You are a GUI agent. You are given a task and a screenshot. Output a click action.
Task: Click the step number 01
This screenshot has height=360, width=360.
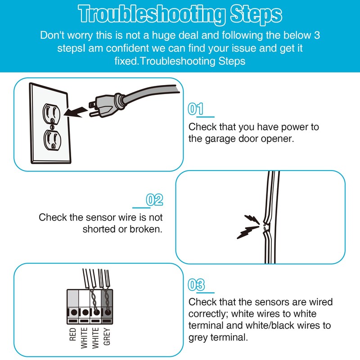pos(196,108)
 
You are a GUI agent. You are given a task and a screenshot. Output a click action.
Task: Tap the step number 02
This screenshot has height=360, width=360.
pos(154,200)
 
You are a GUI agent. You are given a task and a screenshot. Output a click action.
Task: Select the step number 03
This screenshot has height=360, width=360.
pos(196,285)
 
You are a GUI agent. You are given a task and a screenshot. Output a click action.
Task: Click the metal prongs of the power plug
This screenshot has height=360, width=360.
pos(93,109)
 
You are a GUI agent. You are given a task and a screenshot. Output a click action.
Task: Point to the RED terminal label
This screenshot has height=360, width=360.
pos(72,334)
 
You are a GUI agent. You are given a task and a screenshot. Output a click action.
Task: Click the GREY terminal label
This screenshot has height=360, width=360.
pos(107,336)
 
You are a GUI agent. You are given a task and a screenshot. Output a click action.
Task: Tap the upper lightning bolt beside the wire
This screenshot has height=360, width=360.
pos(252,219)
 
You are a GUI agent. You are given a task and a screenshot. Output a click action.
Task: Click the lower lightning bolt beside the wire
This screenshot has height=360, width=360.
pos(248,232)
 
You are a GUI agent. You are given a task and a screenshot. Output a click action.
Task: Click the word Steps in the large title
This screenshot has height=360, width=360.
pos(256,15)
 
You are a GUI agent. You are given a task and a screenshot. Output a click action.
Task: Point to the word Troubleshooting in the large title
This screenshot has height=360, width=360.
pos(152,14)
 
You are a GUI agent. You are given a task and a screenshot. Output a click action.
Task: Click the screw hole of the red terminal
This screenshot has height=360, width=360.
pos(74,312)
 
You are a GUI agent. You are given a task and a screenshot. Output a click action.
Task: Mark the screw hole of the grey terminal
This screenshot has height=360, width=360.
pos(108,312)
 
